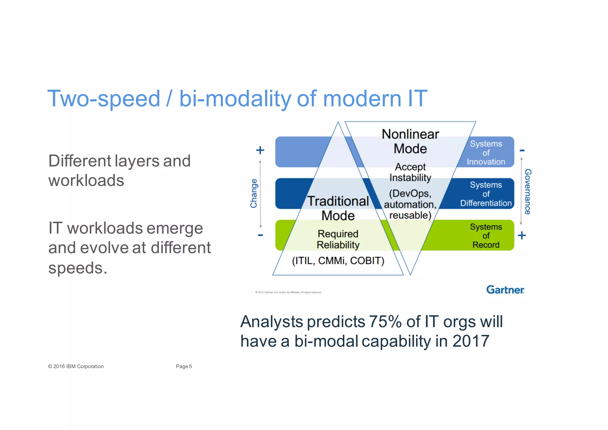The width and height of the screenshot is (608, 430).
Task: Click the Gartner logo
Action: (x=505, y=290)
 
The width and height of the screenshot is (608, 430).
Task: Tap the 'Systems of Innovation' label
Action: (x=486, y=153)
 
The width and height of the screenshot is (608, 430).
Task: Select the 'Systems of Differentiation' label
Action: (x=486, y=194)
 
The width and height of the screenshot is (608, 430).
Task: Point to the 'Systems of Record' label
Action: (x=486, y=236)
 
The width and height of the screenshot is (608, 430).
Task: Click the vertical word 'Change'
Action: (x=254, y=193)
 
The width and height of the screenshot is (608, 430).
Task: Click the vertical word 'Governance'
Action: (x=528, y=192)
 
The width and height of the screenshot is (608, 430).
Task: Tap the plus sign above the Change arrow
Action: (x=260, y=150)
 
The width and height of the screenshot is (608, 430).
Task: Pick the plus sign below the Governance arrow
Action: (x=522, y=236)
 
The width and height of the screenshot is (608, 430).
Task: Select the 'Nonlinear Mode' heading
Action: (x=410, y=141)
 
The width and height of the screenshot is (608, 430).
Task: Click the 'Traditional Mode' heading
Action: (x=338, y=208)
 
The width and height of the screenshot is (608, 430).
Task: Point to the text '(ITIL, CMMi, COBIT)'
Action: (x=338, y=261)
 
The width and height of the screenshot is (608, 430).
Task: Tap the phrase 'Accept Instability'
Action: (x=410, y=172)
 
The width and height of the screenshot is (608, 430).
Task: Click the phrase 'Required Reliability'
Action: (x=338, y=239)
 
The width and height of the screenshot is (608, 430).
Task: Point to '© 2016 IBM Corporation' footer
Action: (x=76, y=366)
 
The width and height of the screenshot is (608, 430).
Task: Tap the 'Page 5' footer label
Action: (x=184, y=366)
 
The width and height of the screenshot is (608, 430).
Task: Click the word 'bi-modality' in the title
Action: (x=235, y=99)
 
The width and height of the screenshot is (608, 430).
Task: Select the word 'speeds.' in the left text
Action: (x=77, y=268)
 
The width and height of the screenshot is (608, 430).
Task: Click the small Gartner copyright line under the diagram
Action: (x=288, y=292)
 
